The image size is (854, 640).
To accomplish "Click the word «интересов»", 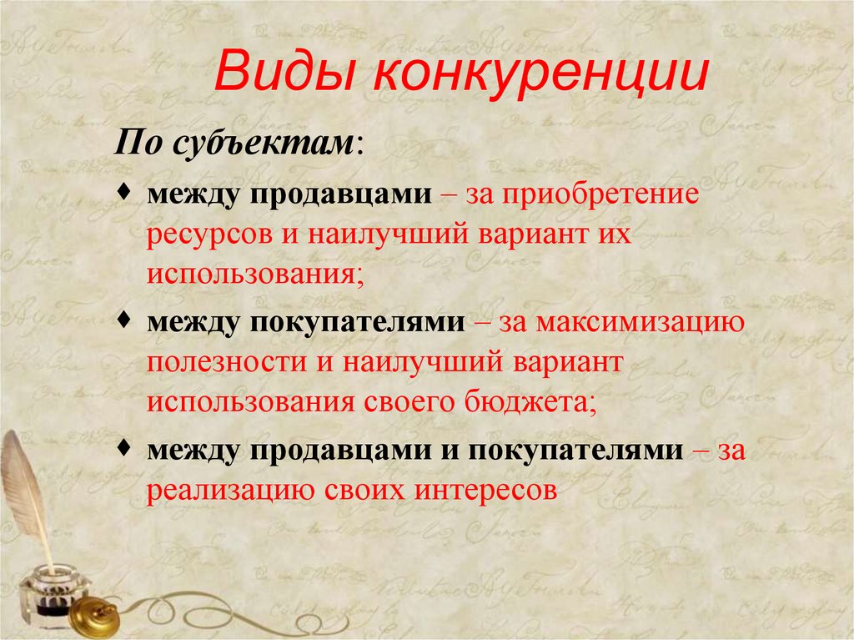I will [x=483, y=491].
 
